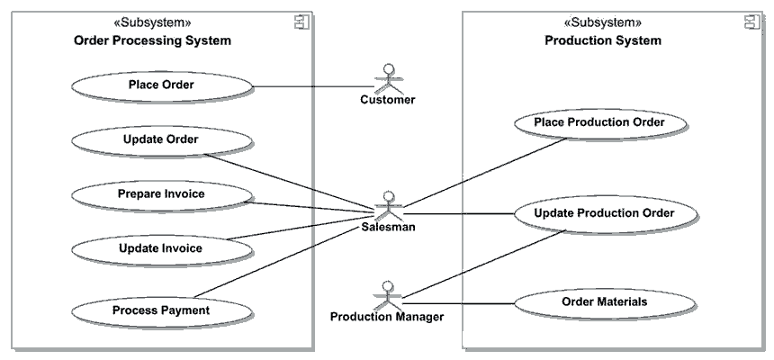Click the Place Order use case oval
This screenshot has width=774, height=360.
tap(161, 86)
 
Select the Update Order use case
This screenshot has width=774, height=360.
tap(161, 139)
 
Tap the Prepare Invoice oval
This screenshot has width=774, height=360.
tap(161, 193)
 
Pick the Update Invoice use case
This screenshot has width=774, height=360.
tap(161, 248)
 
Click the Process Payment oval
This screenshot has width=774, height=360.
tap(161, 310)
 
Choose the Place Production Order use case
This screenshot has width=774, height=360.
tap(598, 122)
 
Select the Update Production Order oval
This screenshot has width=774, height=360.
tap(603, 213)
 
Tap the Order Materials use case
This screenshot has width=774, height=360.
tap(603, 302)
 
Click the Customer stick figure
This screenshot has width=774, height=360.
tap(388, 76)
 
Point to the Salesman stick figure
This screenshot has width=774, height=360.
tap(388, 204)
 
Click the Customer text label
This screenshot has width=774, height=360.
tap(388, 100)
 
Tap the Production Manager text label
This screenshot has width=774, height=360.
tap(386, 317)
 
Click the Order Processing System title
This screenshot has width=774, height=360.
tap(151, 40)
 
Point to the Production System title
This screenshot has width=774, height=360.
tap(602, 40)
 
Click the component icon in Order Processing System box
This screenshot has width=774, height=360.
tap(302, 22)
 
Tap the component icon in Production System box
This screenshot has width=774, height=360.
tap(751, 22)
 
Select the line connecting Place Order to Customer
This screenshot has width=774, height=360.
tap(306, 87)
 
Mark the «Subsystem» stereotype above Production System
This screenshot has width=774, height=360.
tap(602, 22)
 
